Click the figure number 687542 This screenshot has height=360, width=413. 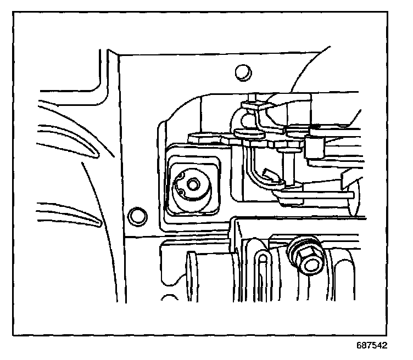point(372,346)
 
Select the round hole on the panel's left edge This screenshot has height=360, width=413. point(135,215)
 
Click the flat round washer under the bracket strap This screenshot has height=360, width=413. point(248,132)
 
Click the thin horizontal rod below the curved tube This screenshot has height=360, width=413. point(319,194)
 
